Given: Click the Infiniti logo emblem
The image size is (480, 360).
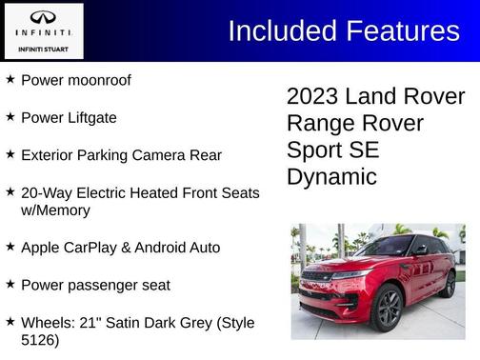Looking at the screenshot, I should point(43,17).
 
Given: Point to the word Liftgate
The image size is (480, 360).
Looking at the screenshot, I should point(91,118).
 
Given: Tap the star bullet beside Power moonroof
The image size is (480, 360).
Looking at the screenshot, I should point(10,80).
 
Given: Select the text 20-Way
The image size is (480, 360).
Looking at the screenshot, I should point(46,192).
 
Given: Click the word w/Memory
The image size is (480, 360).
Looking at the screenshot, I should point(55,210).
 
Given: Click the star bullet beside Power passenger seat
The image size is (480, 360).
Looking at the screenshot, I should point(10,284).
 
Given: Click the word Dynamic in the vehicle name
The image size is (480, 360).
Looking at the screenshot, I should point(331,177).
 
